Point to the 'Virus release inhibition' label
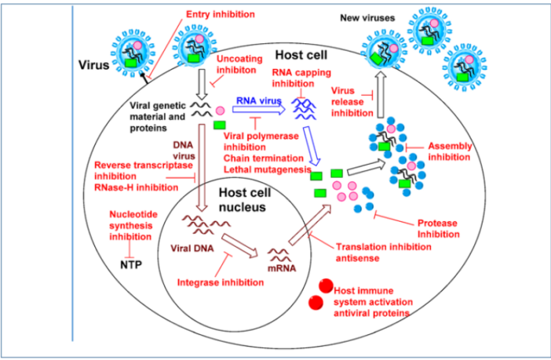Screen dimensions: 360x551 (352, 103)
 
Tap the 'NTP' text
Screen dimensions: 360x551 (130, 264)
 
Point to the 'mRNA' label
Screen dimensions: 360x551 (280, 268)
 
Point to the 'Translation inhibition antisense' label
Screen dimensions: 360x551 (383, 251)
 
